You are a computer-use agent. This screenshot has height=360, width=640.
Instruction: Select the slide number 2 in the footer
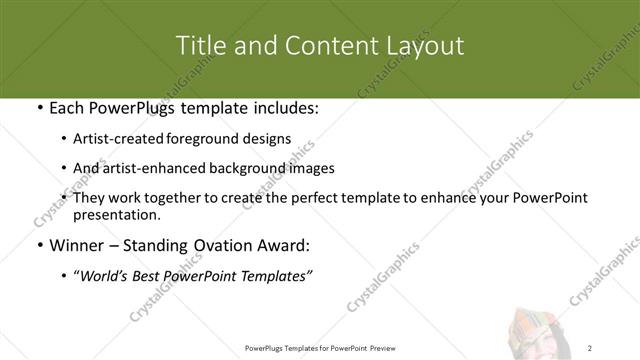pyautogui.click(x=590, y=347)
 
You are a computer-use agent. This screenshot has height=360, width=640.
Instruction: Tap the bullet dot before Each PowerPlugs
pyautogui.click(x=38, y=107)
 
